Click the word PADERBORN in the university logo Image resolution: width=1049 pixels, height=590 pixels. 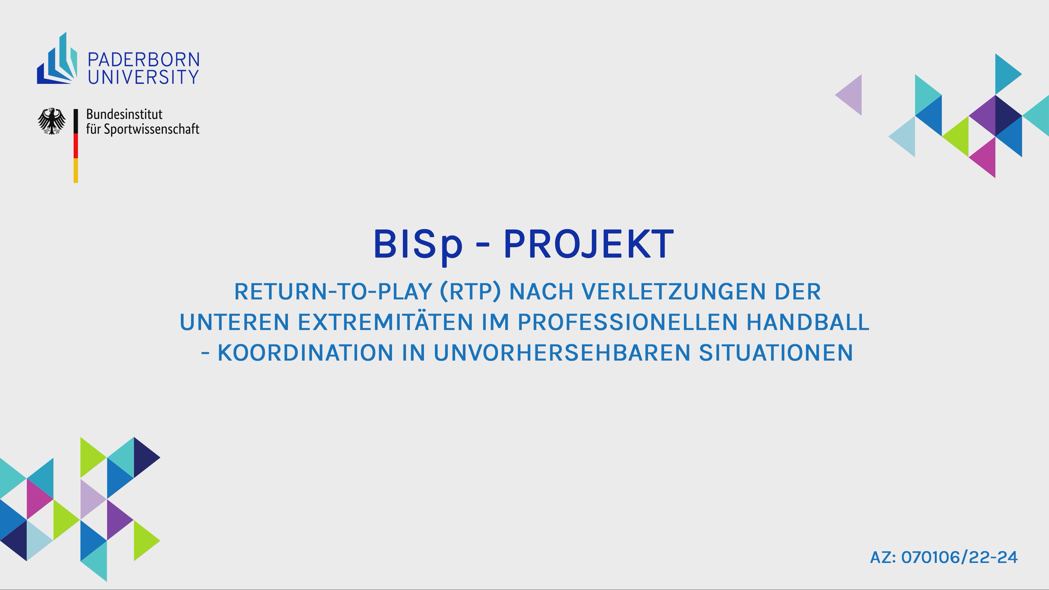point(144,60)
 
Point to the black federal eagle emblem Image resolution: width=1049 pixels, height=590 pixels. point(52,121)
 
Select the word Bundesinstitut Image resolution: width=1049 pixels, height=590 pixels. point(124,114)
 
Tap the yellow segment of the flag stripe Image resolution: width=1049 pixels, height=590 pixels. point(76,171)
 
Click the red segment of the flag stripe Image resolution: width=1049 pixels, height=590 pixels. point(76,146)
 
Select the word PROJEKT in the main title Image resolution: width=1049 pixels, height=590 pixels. point(589,244)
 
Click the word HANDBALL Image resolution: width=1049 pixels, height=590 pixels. point(808,322)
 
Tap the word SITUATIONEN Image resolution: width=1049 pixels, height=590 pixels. point(776,353)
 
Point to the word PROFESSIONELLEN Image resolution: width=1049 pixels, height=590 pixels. point(627,322)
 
